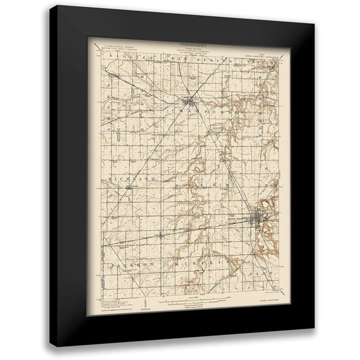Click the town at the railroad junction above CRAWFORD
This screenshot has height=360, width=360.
pyautogui.click(x=190, y=102)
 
